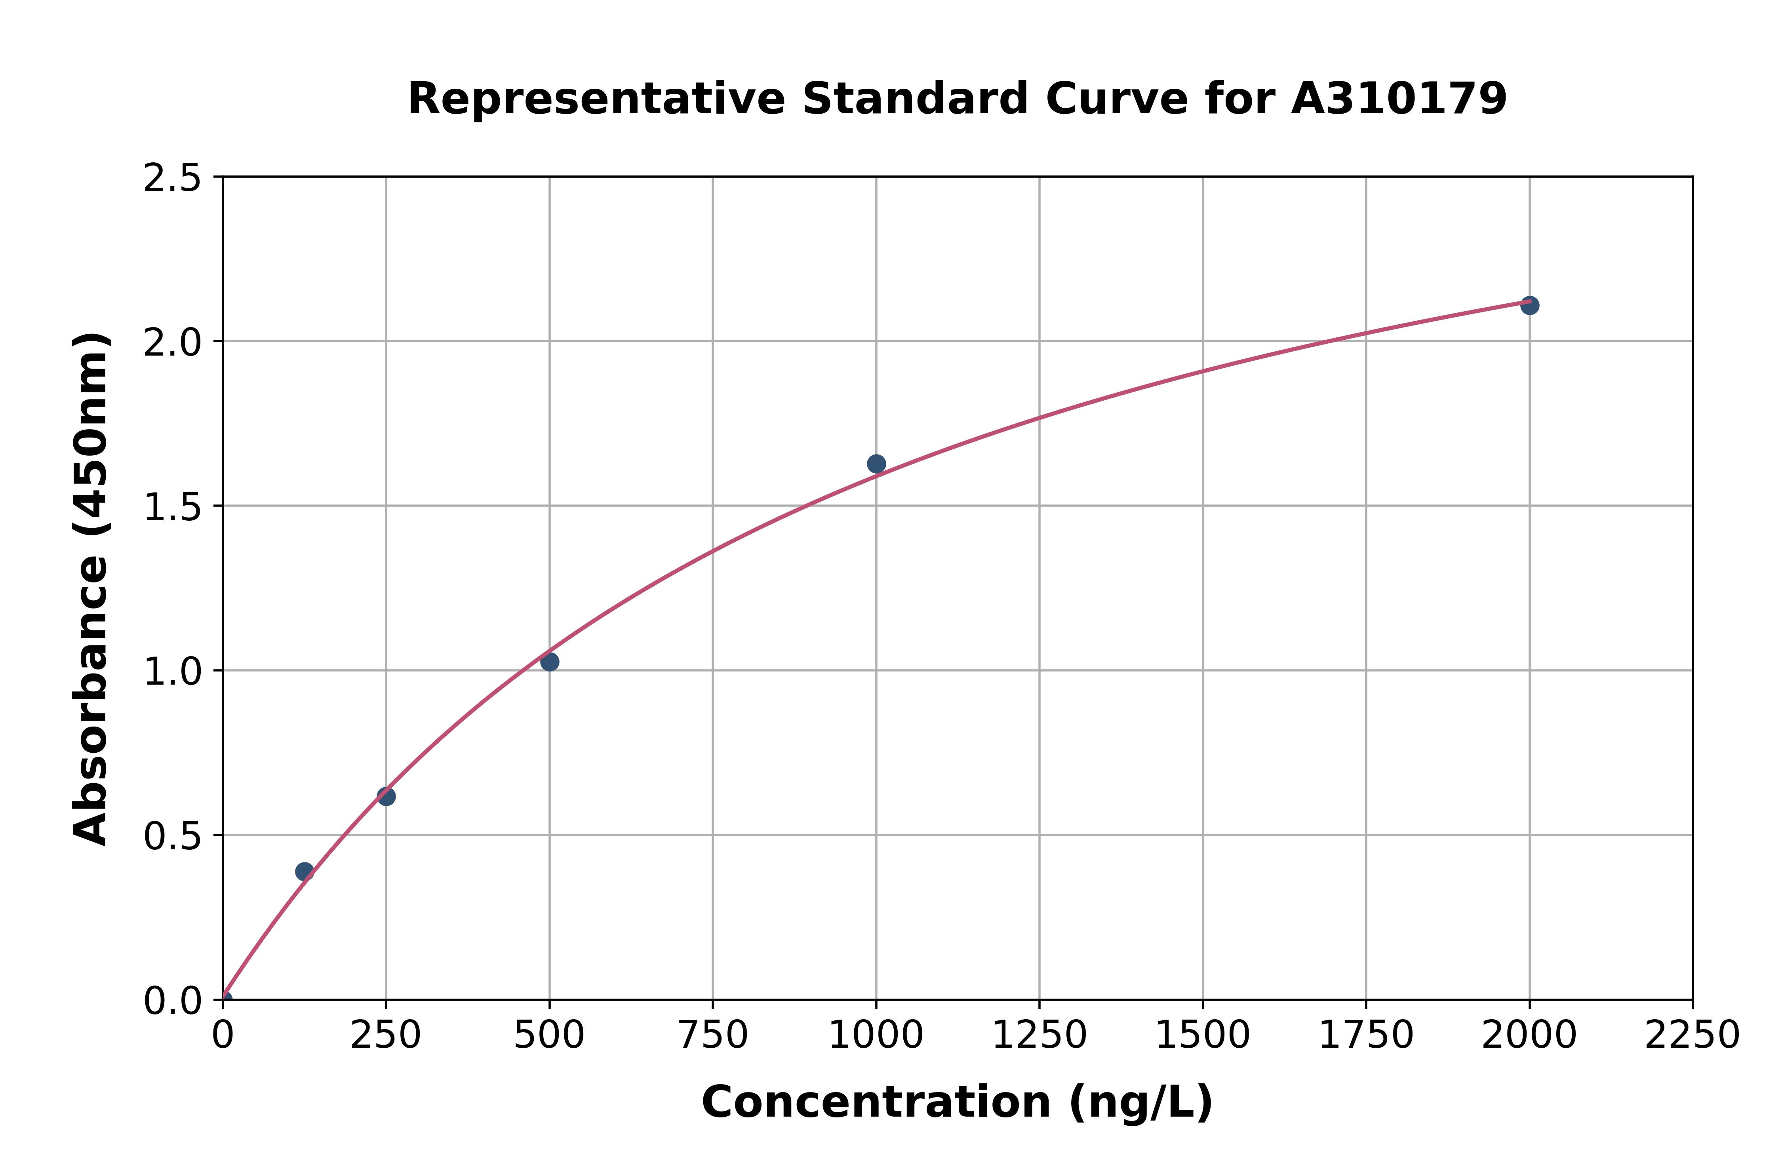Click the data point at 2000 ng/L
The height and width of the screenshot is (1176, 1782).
coord(1529,305)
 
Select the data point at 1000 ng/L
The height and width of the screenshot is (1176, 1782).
coord(876,464)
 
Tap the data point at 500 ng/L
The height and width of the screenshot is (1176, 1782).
coord(550,662)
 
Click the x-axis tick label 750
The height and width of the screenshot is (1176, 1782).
coord(712,1036)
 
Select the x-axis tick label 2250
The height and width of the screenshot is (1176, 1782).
coord(1692,1036)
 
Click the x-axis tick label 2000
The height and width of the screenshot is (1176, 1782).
coord(1529,1036)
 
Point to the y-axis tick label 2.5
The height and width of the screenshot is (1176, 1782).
coord(173,179)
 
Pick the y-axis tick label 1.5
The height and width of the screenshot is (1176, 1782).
coord(173,507)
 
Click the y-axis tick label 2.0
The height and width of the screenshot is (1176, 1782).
coord(173,343)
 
